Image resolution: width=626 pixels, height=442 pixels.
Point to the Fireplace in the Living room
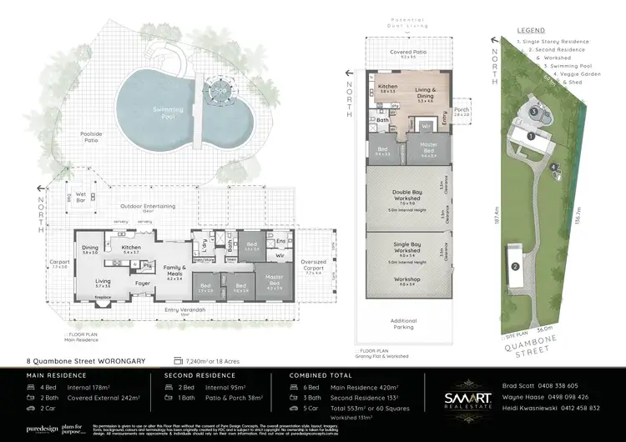tap(103, 296)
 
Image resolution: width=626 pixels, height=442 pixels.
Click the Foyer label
tap(144, 284)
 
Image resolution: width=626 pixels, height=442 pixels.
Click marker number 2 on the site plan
tap(516, 267)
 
